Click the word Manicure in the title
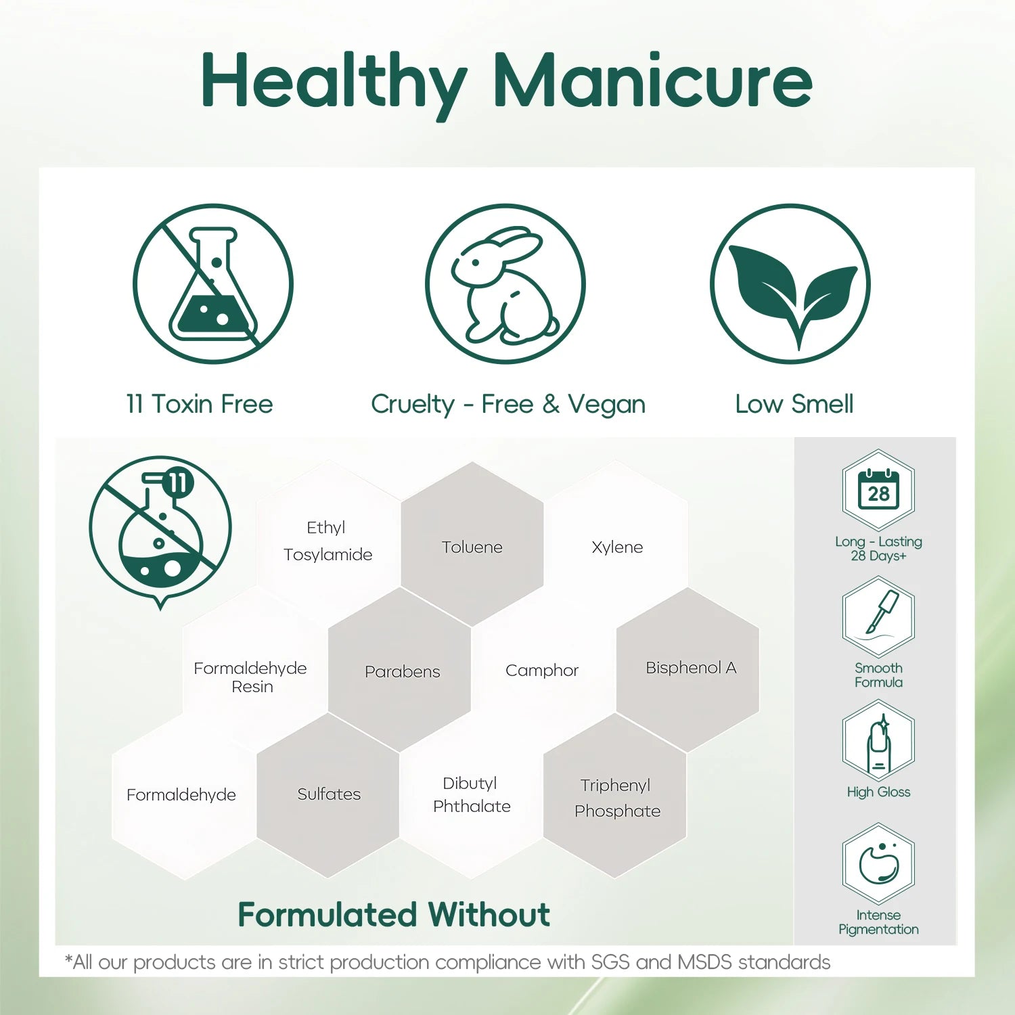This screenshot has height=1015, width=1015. pyautogui.click(x=653, y=81)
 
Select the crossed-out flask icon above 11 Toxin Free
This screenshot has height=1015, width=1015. pyautogui.click(x=213, y=284)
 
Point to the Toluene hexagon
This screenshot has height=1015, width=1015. pyautogui.click(x=472, y=544)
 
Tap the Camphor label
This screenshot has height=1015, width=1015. pyautogui.click(x=542, y=671)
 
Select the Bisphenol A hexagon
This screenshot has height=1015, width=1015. pyautogui.click(x=687, y=669)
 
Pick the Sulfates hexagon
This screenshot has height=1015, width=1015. pyautogui.click(x=328, y=795)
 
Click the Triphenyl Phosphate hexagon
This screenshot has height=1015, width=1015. pyautogui.click(x=615, y=795)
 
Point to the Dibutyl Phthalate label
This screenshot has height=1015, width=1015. pyautogui.click(x=472, y=794)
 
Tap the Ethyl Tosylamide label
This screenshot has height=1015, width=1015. pyautogui.click(x=328, y=541)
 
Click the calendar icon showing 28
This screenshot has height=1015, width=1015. pyautogui.click(x=878, y=490)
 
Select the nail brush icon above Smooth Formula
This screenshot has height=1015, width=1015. pyautogui.click(x=878, y=616)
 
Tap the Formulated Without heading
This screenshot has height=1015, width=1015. pyautogui.click(x=394, y=915)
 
